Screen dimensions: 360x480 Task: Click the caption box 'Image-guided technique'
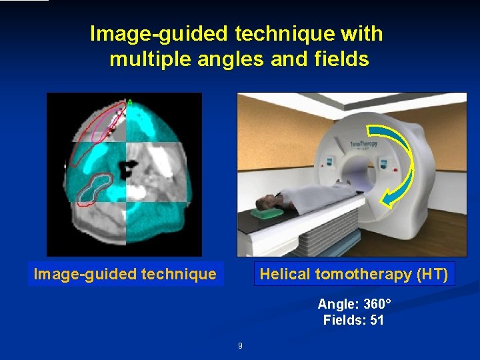125,274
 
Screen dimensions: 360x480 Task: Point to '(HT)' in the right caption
433,274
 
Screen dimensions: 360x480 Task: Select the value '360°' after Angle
374,304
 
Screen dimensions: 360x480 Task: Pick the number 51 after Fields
377,321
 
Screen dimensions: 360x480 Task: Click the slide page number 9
240,346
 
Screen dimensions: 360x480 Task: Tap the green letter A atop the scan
130,102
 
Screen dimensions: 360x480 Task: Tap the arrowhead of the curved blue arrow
389,197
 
